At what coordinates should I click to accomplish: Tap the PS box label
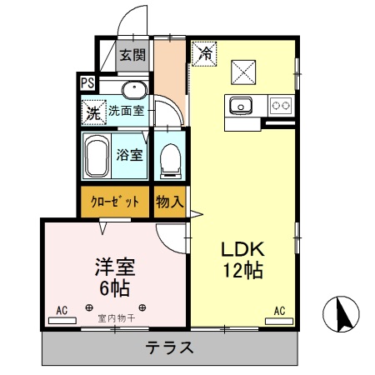tap(87, 82)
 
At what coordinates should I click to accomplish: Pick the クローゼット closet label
tap(114, 201)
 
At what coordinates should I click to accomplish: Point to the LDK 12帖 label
tap(243, 259)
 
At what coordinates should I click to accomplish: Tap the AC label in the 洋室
tap(62, 311)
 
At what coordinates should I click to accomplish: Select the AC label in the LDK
tap(279, 312)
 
